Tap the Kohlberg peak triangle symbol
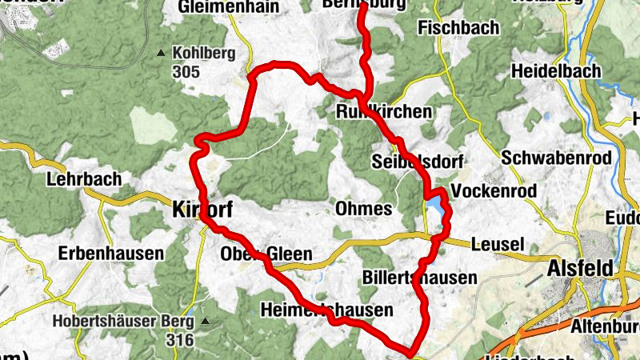pyautogui.click(x=162, y=54)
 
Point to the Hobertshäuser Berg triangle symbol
pyautogui.click(x=206, y=322)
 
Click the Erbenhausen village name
pyautogui.click(x=111, y=254)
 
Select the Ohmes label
pyautogui.click(x=364, y=209)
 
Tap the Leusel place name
pyautogui.click(x=498, y=244)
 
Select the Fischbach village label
pyautogui.click(x=458, y=28)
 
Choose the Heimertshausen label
pyautogui.click(x=327, y=310)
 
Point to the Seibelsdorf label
pyautogui.click(x=418, y=162)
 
